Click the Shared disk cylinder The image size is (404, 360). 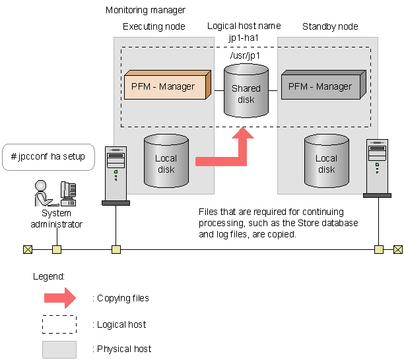[x=246, y=92]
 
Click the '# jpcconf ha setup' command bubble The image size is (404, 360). [x=48, y=158]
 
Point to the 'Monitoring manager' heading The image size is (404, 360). [x=145, y=11]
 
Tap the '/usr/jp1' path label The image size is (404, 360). [x=244, y=55]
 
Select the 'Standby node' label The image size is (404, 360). [x=330, y=26]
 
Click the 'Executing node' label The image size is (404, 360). [x=154, y=26]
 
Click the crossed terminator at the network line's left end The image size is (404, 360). [x=27, y=249]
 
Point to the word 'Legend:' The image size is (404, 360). [x=49, y=276]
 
